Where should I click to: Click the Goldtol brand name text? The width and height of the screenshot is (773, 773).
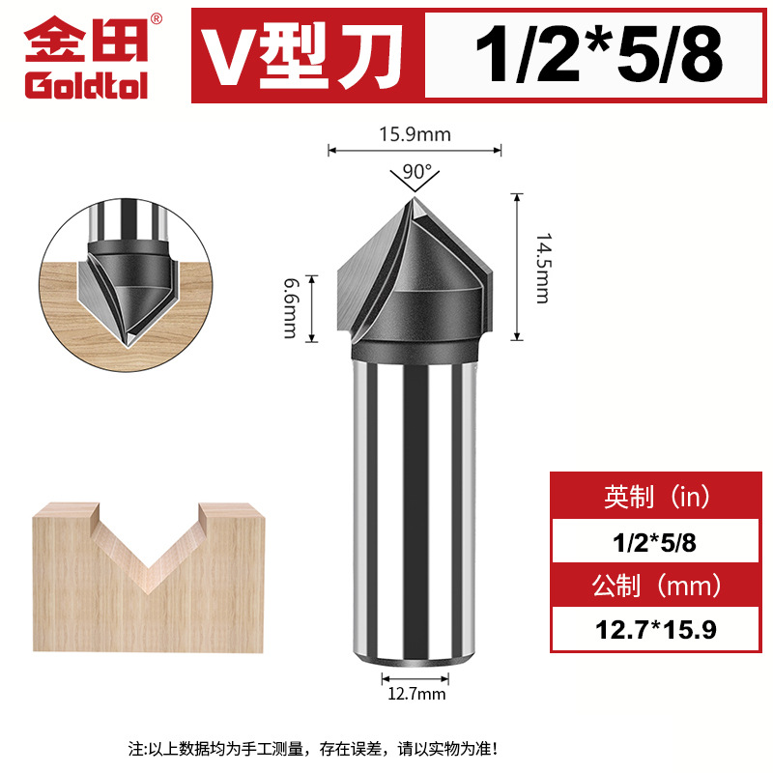click(86, 86)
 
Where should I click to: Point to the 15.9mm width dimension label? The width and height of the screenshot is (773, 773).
click(415, 135)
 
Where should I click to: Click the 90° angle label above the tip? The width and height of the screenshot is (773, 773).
click(416, 171)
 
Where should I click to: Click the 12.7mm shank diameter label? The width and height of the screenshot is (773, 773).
click(415, 693)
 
